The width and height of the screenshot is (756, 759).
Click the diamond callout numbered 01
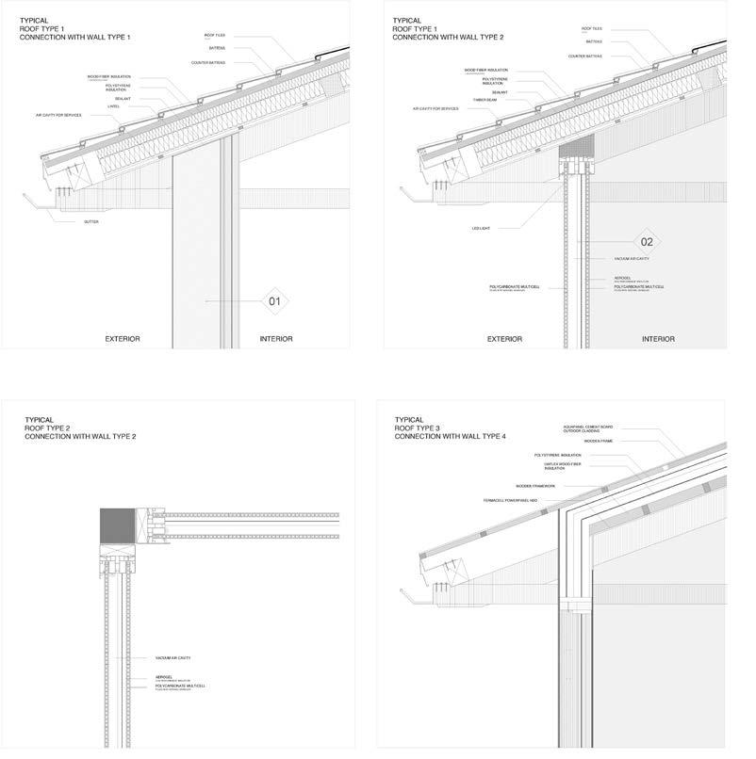point(274,301)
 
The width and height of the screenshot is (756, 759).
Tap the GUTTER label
point(90,222)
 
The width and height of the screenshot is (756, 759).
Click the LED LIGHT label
point(482,228)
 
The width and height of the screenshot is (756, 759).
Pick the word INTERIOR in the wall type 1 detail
point(276,338)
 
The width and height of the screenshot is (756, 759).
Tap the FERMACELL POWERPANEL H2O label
point(509,500)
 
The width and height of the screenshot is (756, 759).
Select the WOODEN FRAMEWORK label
point(535,486)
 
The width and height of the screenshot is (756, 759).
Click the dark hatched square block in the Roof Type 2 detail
point(118,527)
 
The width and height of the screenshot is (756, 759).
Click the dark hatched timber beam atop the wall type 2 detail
point(576,146)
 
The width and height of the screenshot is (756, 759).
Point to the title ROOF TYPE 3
point(416,428)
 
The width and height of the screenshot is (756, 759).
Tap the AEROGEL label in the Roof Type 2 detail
point(163,675)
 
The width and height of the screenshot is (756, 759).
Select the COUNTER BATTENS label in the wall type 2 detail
point(585,57)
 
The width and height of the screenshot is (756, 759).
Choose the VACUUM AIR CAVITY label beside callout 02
point(631,258)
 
